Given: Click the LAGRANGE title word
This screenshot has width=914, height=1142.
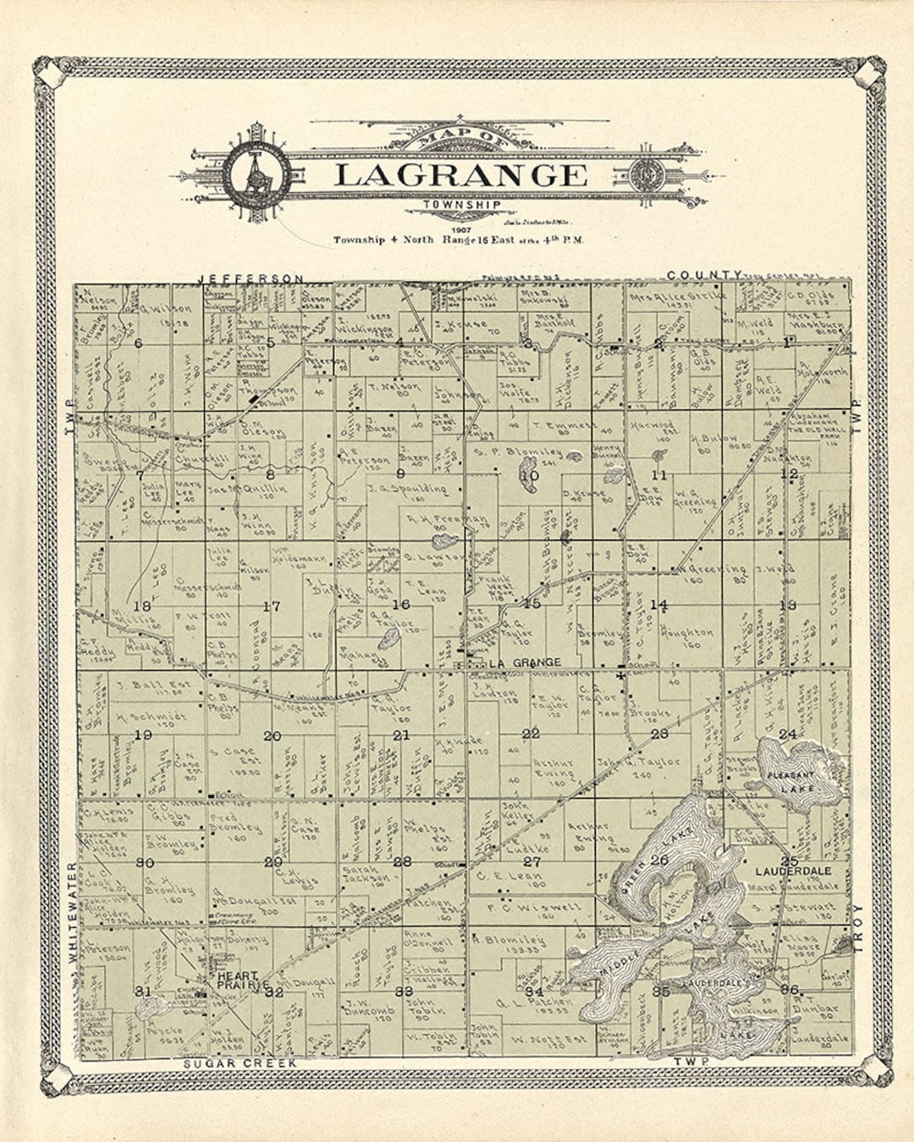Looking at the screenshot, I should point(460,175).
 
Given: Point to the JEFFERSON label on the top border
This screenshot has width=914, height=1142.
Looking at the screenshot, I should point(251,277).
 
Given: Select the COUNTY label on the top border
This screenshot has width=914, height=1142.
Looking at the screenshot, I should point(705,275).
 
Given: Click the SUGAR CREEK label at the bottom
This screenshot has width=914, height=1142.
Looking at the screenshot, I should point(240,1062).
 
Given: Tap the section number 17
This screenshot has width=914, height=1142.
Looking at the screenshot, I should point(271,606).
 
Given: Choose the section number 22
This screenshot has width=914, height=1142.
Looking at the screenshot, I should point(531,733).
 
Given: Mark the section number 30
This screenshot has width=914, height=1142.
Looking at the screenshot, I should point(145,862).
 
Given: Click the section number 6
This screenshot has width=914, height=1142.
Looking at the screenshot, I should point(138,343).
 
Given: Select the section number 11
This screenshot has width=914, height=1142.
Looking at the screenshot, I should point(659,475).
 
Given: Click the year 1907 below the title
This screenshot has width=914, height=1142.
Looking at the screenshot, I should point(461,229).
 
